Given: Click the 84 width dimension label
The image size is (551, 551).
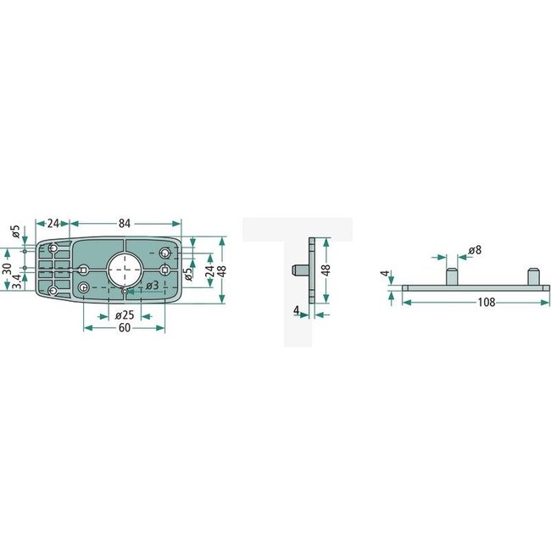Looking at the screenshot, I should tap(125, 224).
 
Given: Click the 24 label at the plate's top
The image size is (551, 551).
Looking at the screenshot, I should tap(53, 224).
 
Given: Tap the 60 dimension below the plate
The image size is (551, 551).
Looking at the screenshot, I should tap(124, 328).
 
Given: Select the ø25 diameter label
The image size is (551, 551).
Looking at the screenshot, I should tap(125, 316).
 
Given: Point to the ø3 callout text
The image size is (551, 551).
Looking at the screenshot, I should tap(152, 285).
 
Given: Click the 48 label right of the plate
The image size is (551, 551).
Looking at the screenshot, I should tap(222, 270).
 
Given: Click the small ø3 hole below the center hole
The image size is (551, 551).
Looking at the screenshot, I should tap(125, 290).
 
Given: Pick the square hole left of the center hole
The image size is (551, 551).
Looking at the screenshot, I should tap(82, 269).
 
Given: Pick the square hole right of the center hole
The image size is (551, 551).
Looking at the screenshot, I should tap(164, 269).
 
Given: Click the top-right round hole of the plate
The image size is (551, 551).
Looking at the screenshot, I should tap(166, 253).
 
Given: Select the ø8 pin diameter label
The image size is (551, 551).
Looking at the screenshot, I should tap(475, 251).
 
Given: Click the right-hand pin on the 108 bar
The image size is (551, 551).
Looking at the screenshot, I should tap(533, 277).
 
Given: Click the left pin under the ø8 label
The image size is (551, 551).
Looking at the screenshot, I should tap(453, 277).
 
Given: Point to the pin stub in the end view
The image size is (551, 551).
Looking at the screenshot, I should tap(298, 270).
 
